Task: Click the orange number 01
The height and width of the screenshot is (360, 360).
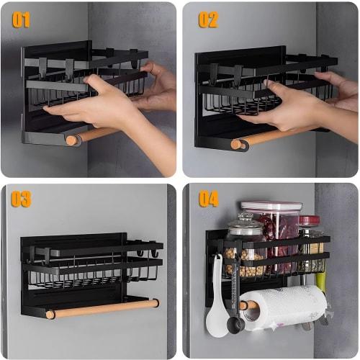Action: coord(21,19)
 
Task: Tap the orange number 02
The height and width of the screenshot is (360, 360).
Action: coord(208,19)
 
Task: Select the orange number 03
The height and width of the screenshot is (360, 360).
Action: coord(21,199)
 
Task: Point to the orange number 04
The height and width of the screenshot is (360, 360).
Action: coord(209,199)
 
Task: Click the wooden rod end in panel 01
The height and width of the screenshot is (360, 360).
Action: coord(72,140)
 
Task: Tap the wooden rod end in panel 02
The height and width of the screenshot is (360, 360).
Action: coord(236,144)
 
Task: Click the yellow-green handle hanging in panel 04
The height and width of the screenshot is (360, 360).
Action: coord(320,282)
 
